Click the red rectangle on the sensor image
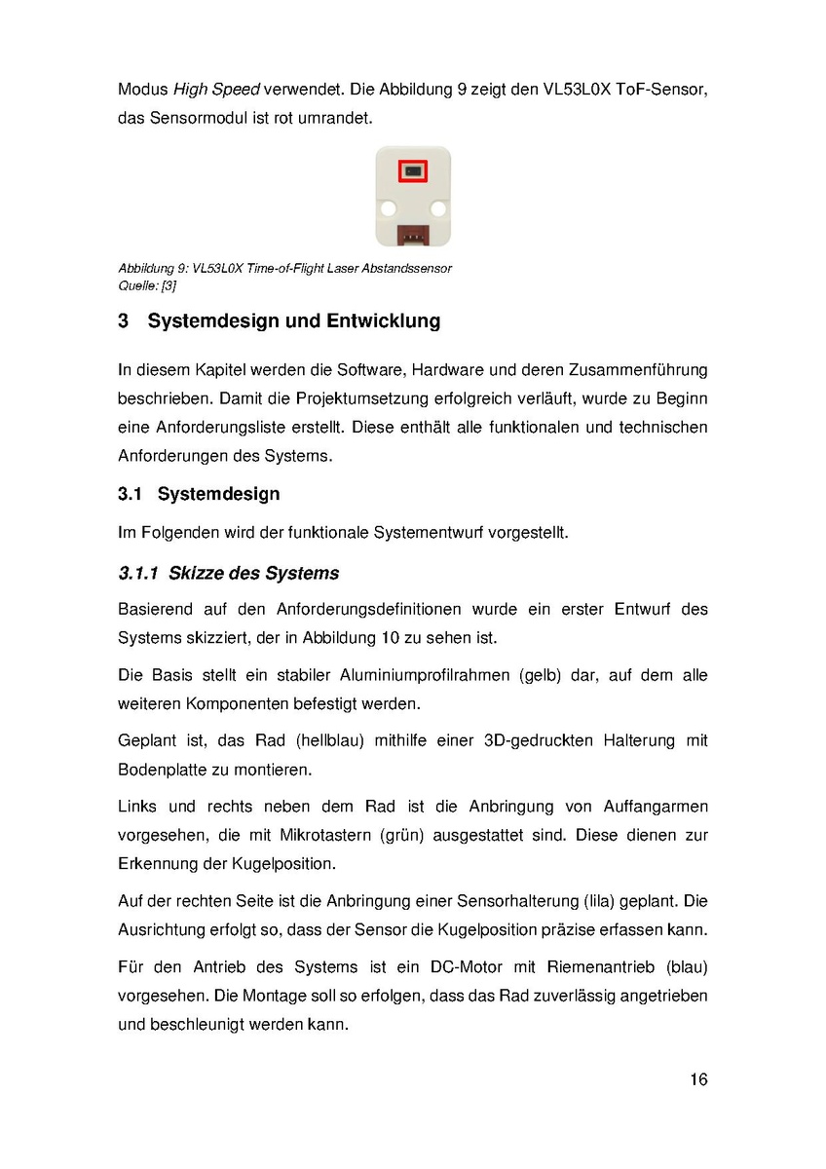[412, 172]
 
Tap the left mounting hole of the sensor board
[387, 207]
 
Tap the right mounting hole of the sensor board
[438, 207]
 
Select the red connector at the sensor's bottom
[413, 235]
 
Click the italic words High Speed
[215, 90]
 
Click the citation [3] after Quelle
[168, 286]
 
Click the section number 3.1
[131, 494]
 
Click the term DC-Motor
[466, 967]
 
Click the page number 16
[698, 1079]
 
